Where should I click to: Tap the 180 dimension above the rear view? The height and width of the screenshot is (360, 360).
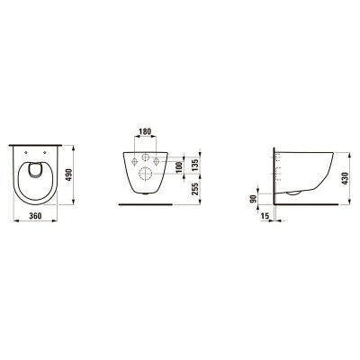coord(145,130)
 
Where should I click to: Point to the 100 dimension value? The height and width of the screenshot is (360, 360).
coord(180,168)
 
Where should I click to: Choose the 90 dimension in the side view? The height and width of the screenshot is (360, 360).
coord(254,198)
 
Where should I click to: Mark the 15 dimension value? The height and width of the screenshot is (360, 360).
coord(265,218)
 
